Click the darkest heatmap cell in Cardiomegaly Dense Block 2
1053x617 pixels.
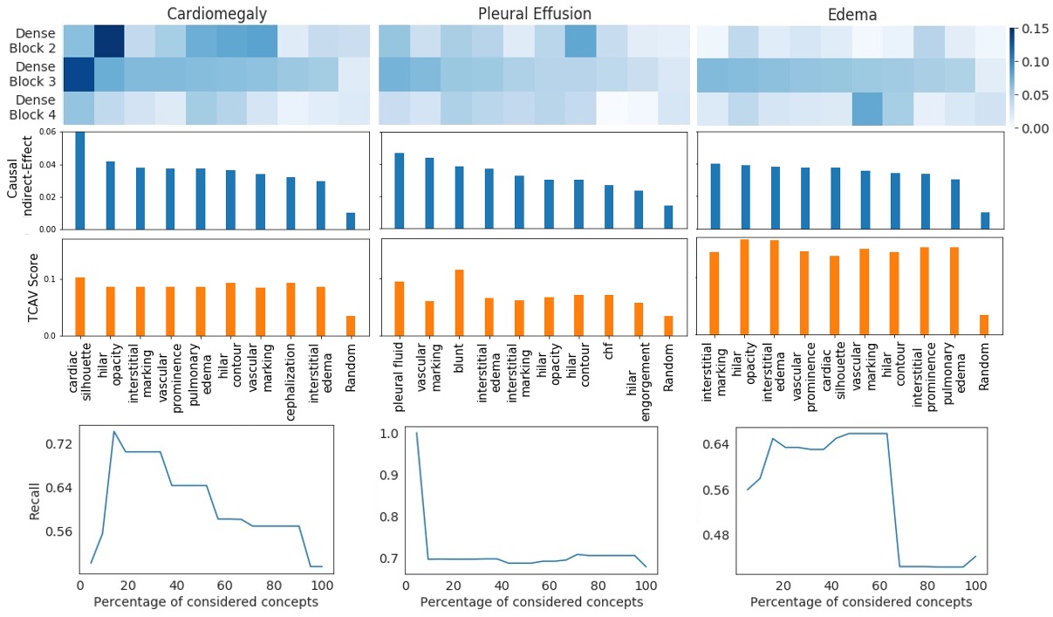pos(109,41)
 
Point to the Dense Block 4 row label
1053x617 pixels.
pos(35,109)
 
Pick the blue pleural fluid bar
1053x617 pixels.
pos(400,190)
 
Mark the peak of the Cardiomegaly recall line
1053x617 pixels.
pos(113,431)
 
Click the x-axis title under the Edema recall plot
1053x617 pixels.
pos(861,602)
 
